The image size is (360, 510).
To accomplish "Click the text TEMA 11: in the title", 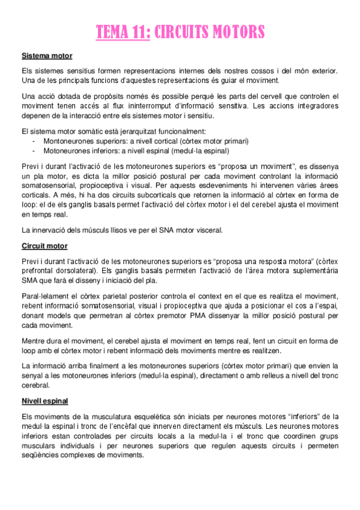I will [x=123, y=32].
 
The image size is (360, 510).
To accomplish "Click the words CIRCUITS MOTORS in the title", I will [x=209, y=32].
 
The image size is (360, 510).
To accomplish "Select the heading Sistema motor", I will [x=47, y=56].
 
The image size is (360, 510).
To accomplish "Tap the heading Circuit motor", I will [x=44, y=246].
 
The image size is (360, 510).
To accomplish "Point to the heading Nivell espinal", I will [x=44, y=401].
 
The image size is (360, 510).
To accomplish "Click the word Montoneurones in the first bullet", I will [x=67, y=141].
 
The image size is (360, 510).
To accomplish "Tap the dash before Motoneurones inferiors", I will [x=34, y=151].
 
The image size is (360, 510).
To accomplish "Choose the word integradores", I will [x=314, y=106].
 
